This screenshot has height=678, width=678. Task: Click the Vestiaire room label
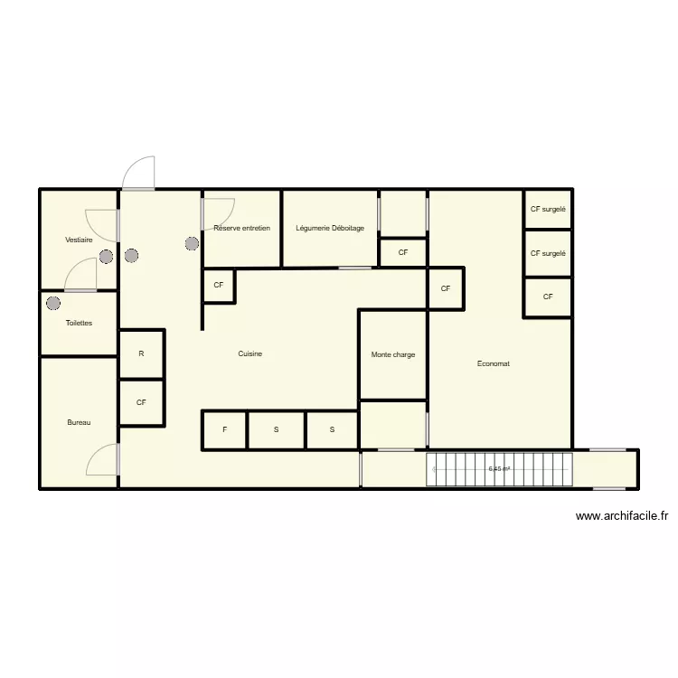coord(79,240)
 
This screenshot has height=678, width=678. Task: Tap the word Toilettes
coord(79,323)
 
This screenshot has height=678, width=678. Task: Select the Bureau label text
coord(79,422)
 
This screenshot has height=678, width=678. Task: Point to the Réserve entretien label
coord(241,228)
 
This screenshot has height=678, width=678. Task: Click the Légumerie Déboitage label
coord(330,228)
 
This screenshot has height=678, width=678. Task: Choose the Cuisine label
coord(250,353)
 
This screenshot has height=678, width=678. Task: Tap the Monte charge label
coord(393,354)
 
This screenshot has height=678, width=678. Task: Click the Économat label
coord(494,363)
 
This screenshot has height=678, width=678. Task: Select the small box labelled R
coord(141,353)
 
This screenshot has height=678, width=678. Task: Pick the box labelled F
coord(224,429)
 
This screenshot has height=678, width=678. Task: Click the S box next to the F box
coord(276,429)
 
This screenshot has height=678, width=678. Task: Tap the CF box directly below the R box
coord(141,402)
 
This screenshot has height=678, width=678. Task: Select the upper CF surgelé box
coord(547,209)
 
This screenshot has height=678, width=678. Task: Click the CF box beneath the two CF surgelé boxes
coord(547,297)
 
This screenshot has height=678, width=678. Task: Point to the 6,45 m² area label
coord(499,469)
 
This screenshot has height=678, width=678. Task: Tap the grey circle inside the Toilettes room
coord(53,303)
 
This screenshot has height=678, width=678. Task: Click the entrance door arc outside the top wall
coord(137,172)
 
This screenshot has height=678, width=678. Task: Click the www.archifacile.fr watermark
coord(622,516)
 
